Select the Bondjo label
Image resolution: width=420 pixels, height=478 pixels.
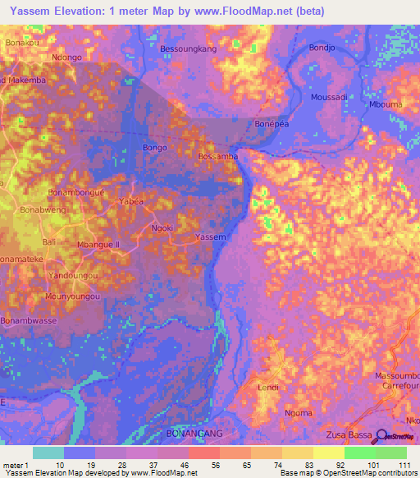(x=322, y=48)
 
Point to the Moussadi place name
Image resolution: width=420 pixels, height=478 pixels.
(x=331, y=97)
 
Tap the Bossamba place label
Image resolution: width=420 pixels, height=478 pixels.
(x=218, y=155)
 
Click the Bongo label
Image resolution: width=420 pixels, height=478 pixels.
(x=155, y=148)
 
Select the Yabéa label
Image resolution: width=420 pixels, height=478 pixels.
(x=131, y=201)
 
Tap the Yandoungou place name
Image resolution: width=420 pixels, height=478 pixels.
(x=74, y=275)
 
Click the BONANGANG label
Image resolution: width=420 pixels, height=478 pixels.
(x=194, y=432)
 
